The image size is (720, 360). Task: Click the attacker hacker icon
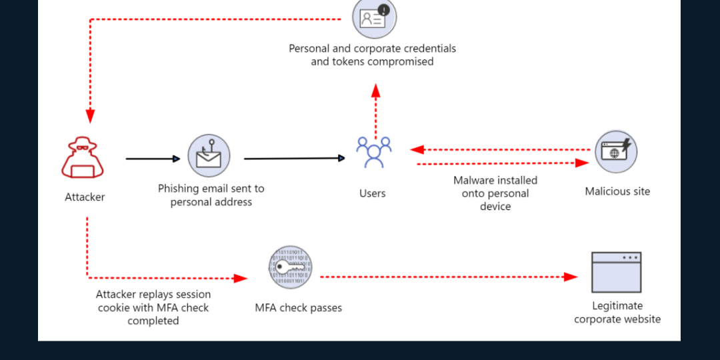point(83,159)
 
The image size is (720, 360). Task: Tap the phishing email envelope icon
point(209,155)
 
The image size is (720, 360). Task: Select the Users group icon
point(373,153)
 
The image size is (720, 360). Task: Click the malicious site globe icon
point(616,151)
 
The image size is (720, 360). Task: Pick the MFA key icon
point(291,267)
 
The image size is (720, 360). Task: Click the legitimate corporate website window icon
point(616,273)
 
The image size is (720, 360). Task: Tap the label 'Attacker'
point(85,197)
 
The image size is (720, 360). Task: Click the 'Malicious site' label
point(617,192)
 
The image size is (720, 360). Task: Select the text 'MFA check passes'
point(299,308)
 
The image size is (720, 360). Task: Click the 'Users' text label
point(373,193)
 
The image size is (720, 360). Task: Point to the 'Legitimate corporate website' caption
point(617,313)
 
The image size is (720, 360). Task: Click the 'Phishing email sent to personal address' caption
point(211,195)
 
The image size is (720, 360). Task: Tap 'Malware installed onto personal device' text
point(495,193)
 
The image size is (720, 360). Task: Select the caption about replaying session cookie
point(153,307)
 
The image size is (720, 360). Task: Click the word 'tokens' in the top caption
point(348,61)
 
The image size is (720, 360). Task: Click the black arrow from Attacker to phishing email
point(153,159)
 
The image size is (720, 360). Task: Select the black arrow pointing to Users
point(294,159)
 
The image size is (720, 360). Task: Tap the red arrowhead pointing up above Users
point(375,91)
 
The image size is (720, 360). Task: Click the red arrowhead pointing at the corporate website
point(571,277)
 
